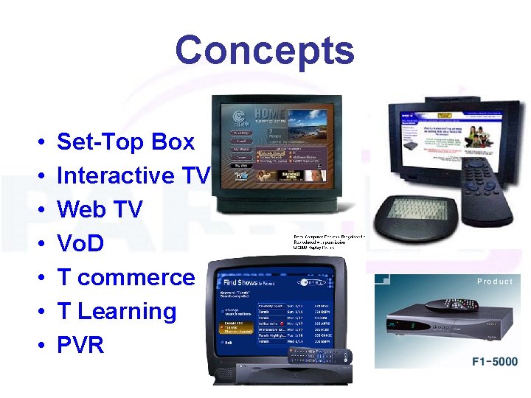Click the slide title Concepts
265,51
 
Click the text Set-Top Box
126,142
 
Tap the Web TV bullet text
100,209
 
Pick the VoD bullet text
80,243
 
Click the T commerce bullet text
126,277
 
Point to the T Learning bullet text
117,311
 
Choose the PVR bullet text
80,344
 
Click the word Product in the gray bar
495,282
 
